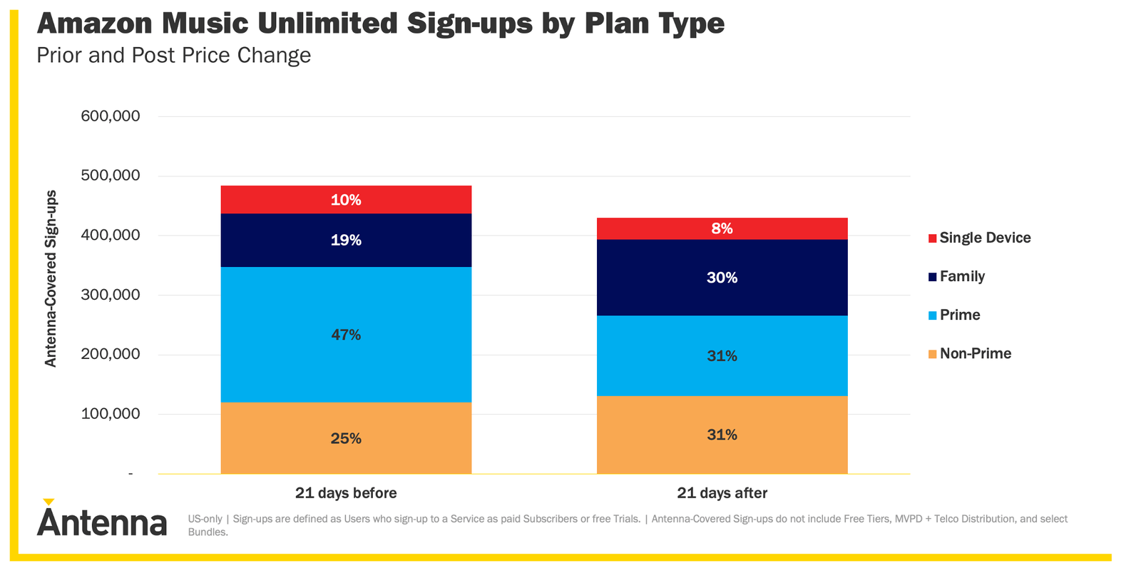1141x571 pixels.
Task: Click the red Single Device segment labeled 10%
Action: pyautogui.click(x=346, y=200)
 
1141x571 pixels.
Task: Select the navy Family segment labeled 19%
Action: pyautogui.click(x=346, y=241)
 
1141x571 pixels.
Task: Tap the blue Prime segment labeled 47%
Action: pyautogui.click(x=346, y=335)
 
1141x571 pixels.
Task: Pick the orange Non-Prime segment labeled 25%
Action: pyautogui.click(x=346, y=438)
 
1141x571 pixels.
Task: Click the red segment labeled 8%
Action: pyautogui.click(x=722, y=228)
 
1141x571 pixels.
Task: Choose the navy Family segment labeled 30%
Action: pyautogui.click(x=722, y=278)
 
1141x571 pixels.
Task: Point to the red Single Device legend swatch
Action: pyautogui.click(x=932, y=238)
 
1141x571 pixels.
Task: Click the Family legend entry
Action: pyautogui.click(x=961, y=277)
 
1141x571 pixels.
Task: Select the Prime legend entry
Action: pyautogui.click(x=959, y=315)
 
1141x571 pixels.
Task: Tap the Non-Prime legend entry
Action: pyautogui.click(x=975, y=354)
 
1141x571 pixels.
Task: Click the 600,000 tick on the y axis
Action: pyautogui.click(x=111, y=116)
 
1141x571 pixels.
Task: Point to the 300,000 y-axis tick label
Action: pyautogui.click(x=111, y=294)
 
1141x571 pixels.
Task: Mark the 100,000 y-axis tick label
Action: pyautogui.click(x=111, y=413)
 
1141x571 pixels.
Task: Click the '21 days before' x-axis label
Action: pyautogui.click(x=346, y=493)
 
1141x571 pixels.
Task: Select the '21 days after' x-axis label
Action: pyautogui.click(x=722, y=493)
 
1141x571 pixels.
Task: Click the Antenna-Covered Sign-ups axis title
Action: pyautogui.click(x=51, y=278)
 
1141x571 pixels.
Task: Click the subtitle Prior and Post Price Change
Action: pyautogui.click(x=173, y=56)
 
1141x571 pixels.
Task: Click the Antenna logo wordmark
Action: pyautogui.click(x=102, y=523)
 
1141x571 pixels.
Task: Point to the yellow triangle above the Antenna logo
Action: pyautogui.click(x=48, y=502)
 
